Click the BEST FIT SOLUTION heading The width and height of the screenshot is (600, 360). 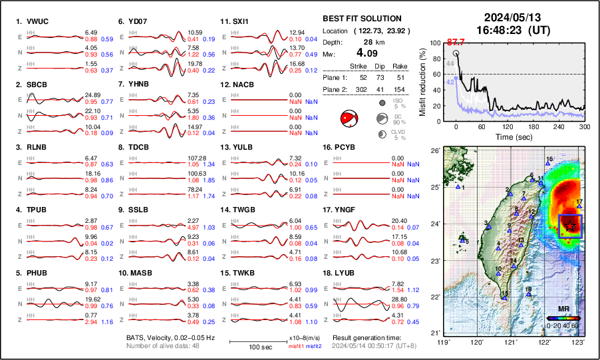pos(361,19)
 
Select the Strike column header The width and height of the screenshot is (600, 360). pos(358,66)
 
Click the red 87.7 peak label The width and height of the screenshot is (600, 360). pos(456,42)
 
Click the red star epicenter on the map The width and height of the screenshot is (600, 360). pos(570,227)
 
